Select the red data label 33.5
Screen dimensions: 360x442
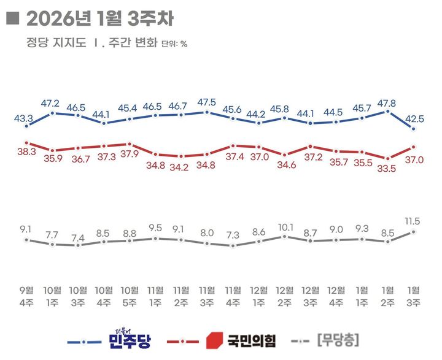click(387, 170)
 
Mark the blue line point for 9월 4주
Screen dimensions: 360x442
click(26, 126)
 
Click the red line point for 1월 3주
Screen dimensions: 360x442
click(414, 147)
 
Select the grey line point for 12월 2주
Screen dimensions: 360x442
click(284, 236)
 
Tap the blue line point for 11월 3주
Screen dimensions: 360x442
click(207, 112)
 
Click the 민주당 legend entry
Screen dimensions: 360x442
click(128, 339)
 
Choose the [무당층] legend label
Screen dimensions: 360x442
click(337, 339)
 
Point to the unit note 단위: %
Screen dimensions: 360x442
click(174, 44)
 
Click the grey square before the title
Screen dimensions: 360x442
click(11, 19)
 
